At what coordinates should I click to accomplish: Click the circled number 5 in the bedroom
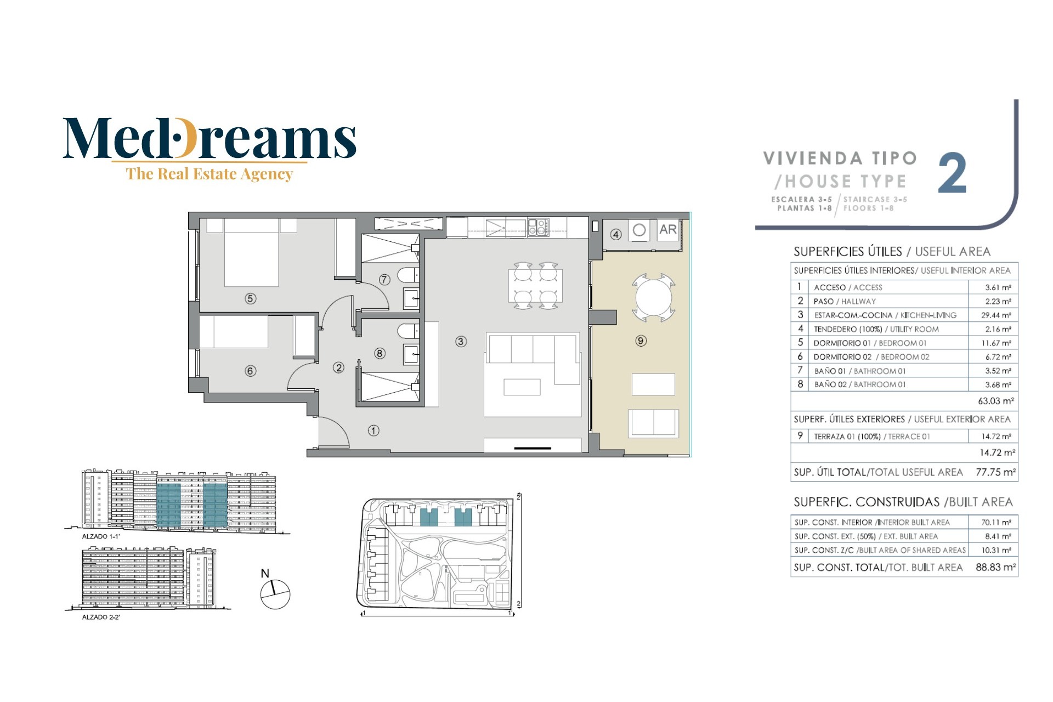[250, 298]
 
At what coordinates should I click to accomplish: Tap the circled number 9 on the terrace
[641, 341]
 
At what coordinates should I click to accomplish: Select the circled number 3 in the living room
[461, 341]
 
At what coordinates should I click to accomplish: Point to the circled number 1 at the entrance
[373, 431]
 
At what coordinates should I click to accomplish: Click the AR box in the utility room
[668, 230]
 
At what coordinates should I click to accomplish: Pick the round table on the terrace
[653, 298]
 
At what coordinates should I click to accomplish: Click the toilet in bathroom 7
[408, 274]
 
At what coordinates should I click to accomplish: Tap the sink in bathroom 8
[411, 354]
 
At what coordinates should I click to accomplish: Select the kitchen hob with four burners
[538, 227]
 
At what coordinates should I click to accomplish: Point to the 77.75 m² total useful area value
[995, 472]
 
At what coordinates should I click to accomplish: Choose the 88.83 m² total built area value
[995, 567]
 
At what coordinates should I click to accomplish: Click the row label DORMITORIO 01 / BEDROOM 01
[870, 343]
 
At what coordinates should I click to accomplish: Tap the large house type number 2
[952, 173]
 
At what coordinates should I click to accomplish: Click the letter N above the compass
[265, 573]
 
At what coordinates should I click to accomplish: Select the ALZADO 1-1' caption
[101, 536]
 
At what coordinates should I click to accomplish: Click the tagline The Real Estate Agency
[210, 174]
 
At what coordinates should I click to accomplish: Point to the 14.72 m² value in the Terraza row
[996, 436]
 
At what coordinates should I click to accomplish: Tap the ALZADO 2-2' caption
[101, 617]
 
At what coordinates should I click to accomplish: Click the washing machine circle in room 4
[639, 230]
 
